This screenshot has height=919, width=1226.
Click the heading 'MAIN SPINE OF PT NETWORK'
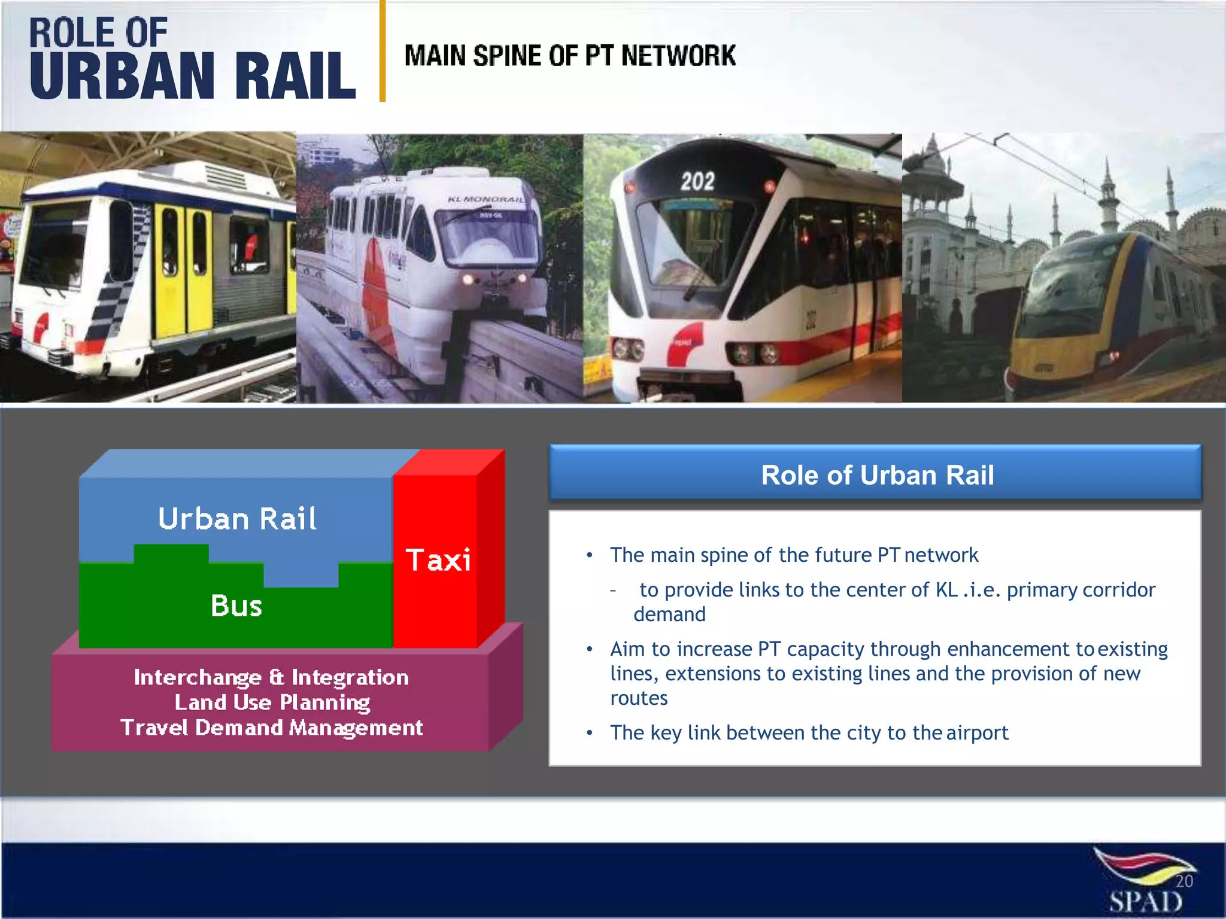569,56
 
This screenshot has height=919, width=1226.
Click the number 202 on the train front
697,181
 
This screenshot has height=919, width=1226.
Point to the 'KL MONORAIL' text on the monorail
485,199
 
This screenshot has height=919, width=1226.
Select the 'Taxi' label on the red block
438,561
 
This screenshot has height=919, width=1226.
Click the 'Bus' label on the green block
236,606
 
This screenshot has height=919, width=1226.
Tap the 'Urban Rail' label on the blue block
237,519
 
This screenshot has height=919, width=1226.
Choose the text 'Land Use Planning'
272,702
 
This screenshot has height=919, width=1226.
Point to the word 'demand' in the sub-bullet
669,614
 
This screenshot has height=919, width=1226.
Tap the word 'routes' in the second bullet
639,698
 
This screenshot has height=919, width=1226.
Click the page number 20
1183,881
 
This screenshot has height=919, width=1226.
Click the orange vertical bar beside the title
383,51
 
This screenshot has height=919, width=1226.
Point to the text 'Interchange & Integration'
271,677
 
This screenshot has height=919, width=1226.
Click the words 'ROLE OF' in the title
98,32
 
